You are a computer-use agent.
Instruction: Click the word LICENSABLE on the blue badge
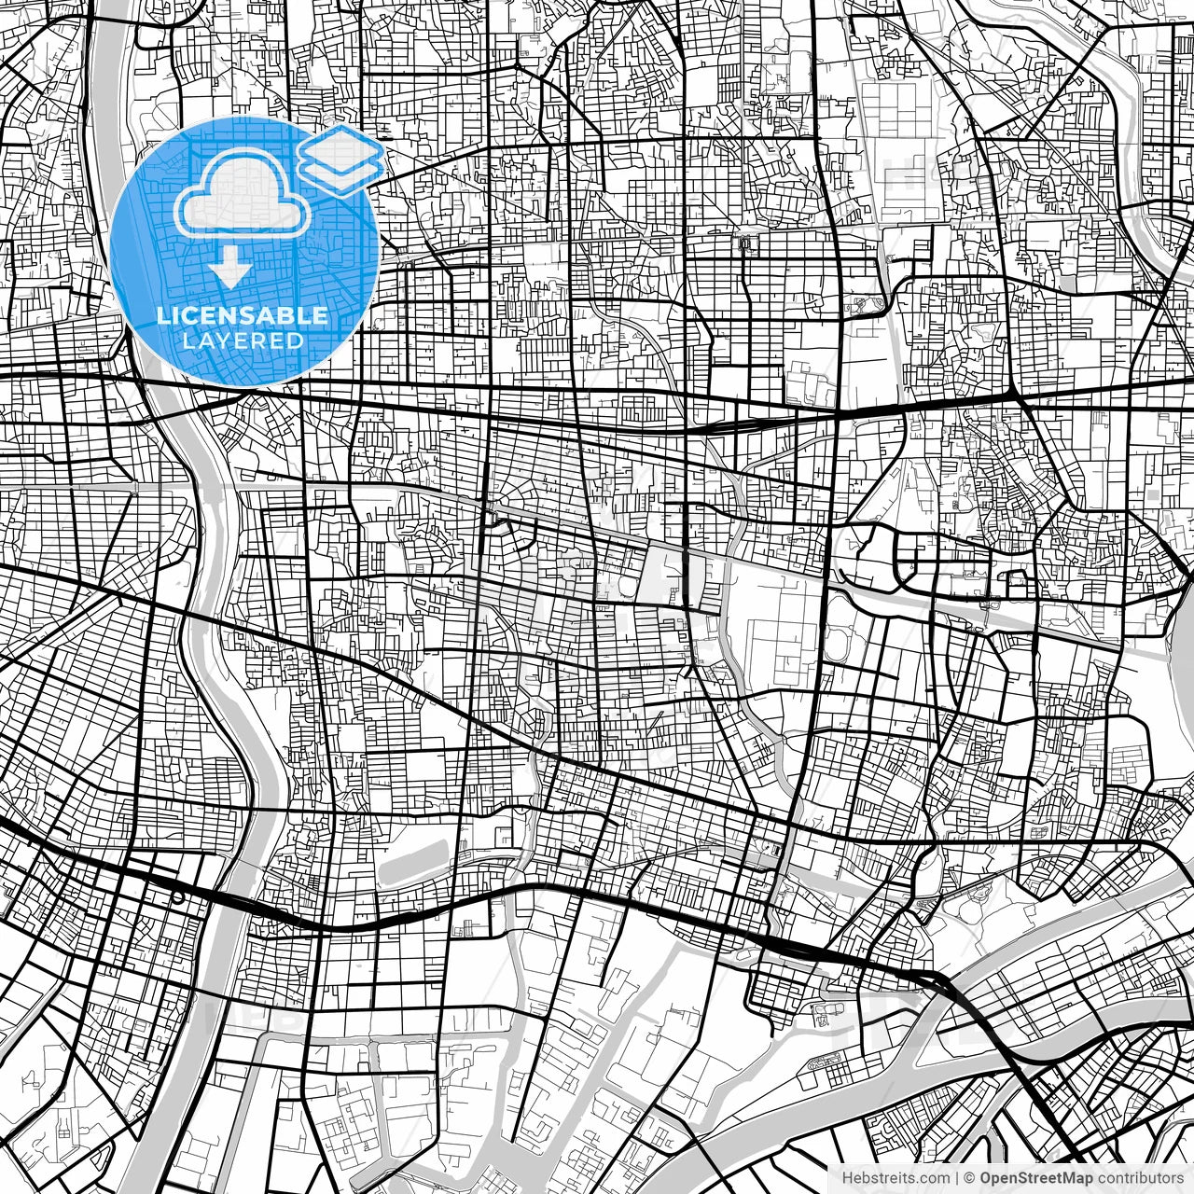(243, 315)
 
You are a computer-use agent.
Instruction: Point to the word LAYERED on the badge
(243, 340)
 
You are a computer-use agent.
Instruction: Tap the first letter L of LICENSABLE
(161, 315)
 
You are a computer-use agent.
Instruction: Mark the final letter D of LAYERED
(297, 340)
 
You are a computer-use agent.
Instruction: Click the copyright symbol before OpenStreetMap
(970, 1178)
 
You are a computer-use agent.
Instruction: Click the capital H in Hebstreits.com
(848, 1178)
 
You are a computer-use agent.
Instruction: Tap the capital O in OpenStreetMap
(986, 1178)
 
